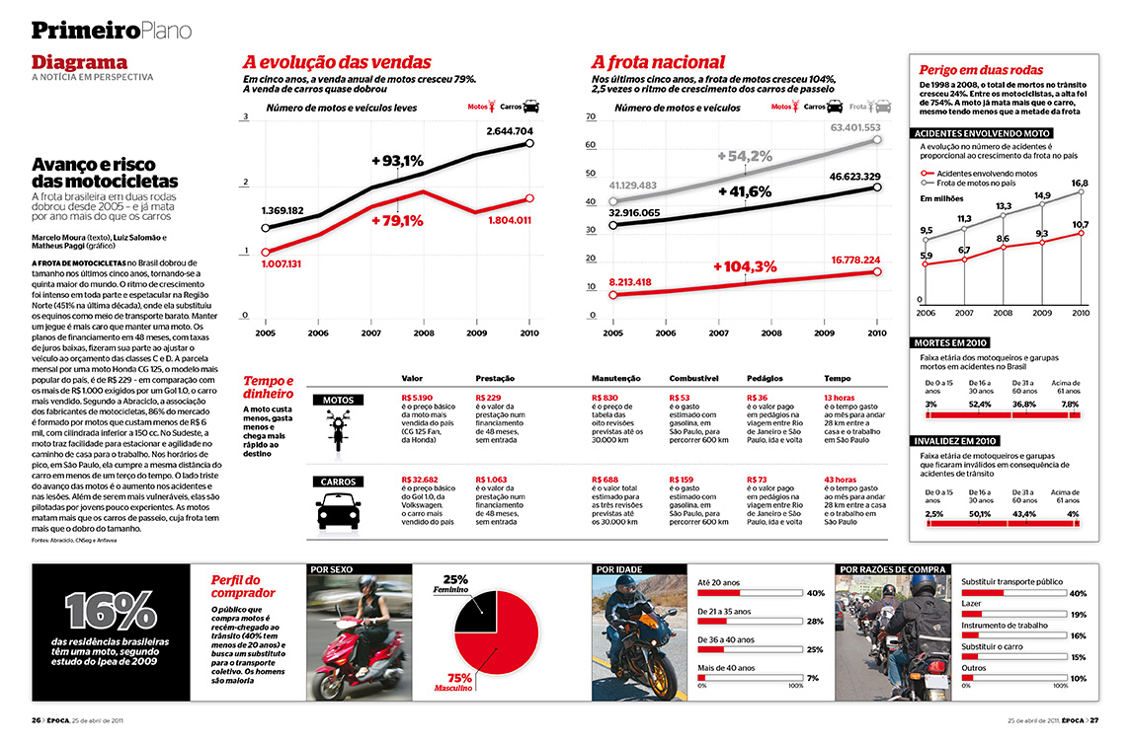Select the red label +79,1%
pos(398,220)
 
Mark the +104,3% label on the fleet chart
pos(745,266)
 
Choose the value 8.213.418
pos(643,282)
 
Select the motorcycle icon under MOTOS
pos(338,430)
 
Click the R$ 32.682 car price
pos(421,480)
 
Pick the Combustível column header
pos(693,378)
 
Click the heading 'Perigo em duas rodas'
pos(981,70)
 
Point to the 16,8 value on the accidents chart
pos(1080,184)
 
